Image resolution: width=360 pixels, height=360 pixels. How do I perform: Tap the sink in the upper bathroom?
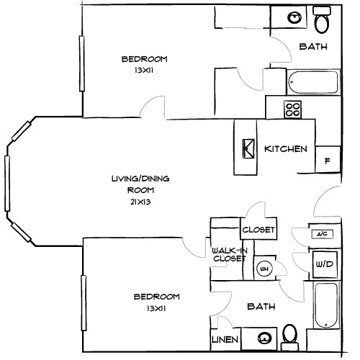(294, 17)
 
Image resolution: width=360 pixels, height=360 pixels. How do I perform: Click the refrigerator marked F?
(328, 160)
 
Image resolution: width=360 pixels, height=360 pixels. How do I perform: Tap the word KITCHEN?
(286, 149)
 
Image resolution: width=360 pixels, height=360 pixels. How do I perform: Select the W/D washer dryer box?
(322, 264)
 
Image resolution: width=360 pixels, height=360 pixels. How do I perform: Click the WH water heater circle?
(264, 269)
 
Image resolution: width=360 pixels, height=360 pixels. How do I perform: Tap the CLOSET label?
(258, 230)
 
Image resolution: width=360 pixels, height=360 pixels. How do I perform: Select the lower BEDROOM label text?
(156, 296)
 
